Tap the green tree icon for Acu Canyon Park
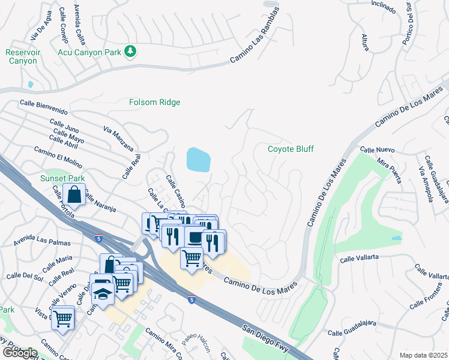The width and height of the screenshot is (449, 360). (130, 52)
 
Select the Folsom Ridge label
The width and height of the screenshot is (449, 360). (155, 103)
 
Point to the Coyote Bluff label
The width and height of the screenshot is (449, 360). (291, 149)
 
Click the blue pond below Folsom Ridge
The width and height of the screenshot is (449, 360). (199, 160)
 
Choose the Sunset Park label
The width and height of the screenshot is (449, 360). (62, 178)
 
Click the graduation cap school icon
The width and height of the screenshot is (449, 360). (104, 294)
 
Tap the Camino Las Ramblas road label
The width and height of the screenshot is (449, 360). (256, 35)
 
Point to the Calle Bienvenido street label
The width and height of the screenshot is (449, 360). (43, 107)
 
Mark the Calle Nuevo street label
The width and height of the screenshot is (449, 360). (376, 149)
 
